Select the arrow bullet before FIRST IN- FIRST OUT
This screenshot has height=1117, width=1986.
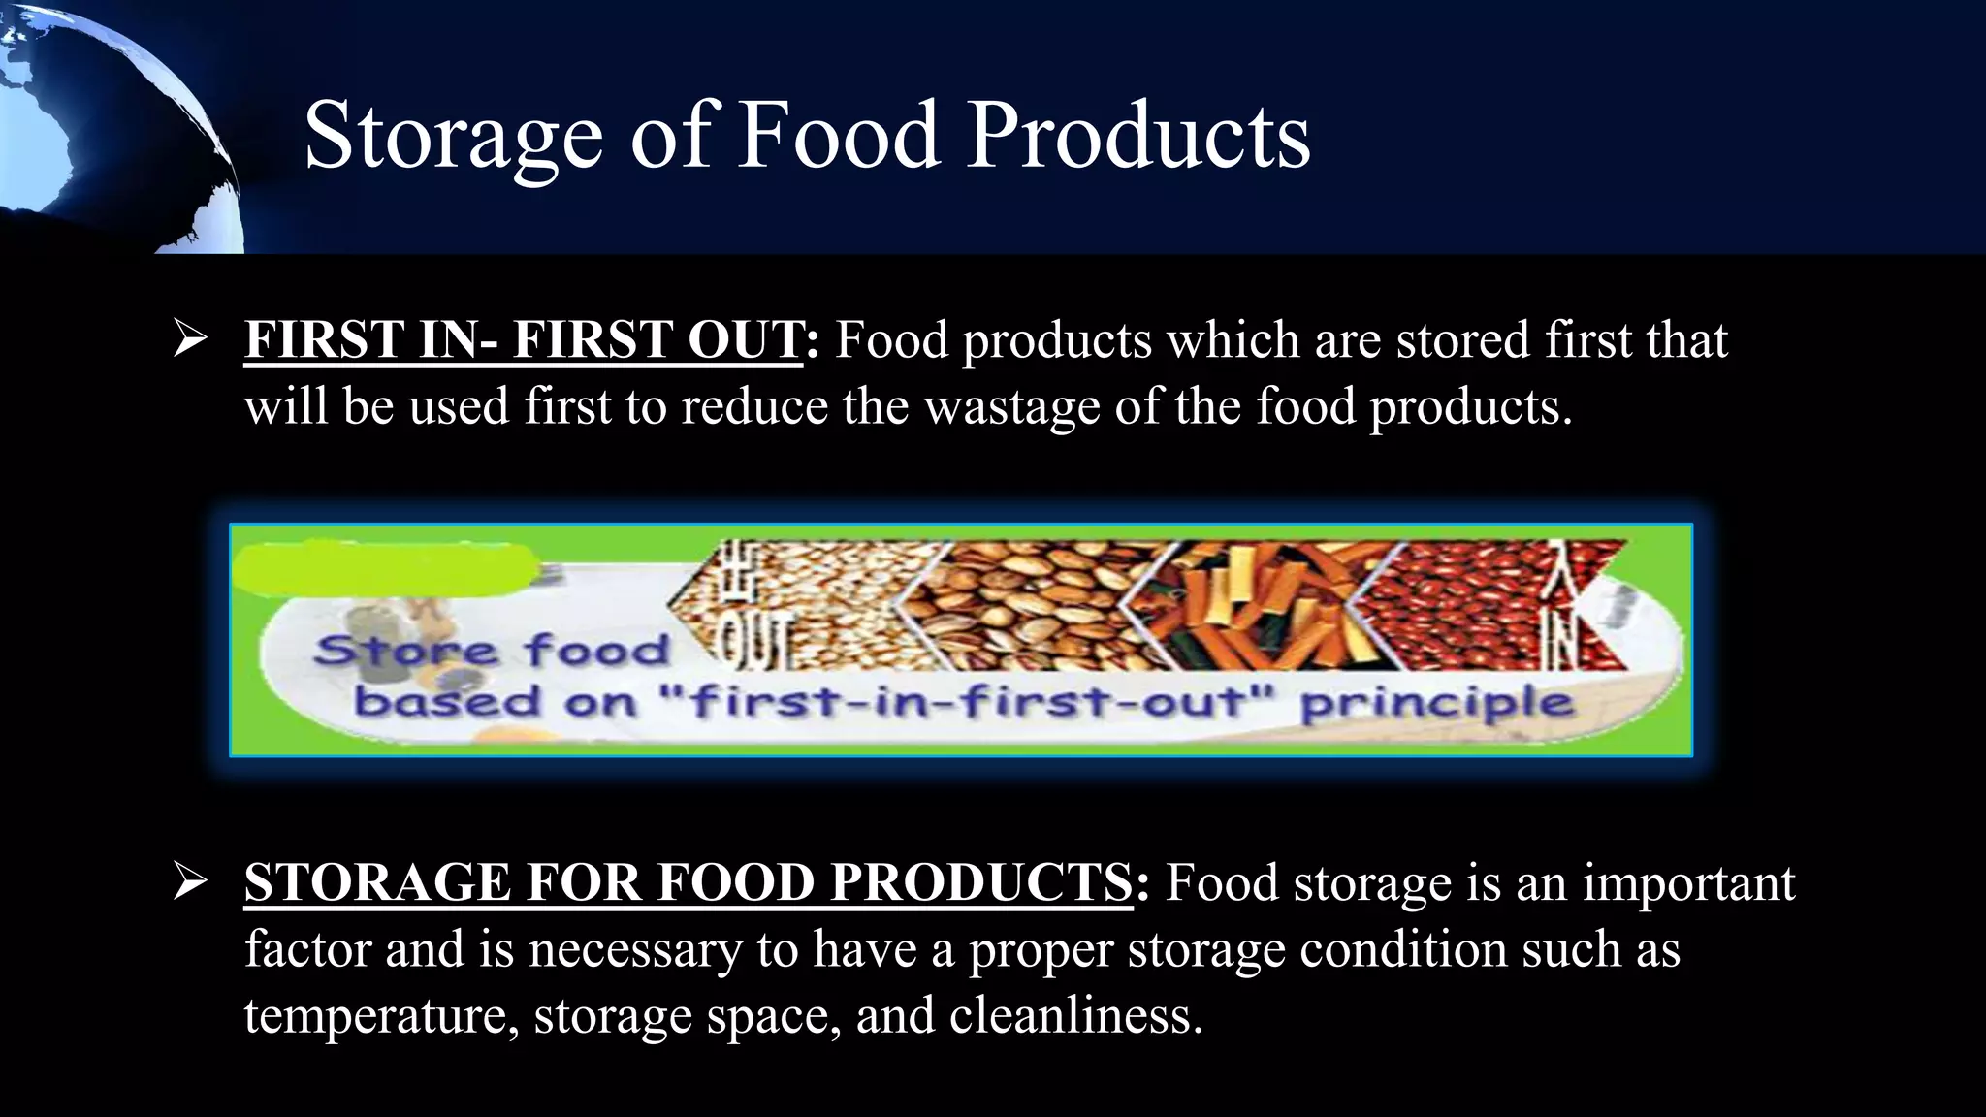[190, 339]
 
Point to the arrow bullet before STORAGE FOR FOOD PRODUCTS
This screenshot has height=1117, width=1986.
[190, 882]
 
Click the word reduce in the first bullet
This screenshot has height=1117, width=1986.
[753, 406]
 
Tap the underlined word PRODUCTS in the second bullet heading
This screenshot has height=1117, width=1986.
[980, 883]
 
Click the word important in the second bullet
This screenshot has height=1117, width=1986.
[1688, 883]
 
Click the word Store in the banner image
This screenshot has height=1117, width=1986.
[405, 650]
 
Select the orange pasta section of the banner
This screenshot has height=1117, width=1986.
[1251, 601]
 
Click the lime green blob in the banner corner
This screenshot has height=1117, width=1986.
[383, 568]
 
